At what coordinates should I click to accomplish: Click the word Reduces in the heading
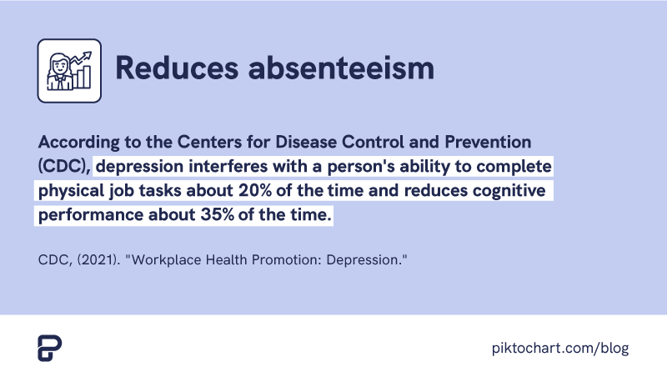[177, 68]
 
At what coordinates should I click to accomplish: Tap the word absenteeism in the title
[341, 68]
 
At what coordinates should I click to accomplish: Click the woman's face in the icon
[60, 66]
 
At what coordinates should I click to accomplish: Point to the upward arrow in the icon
[81, 58]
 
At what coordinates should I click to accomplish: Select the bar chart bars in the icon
[82, 78]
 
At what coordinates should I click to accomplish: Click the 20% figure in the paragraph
[255, 190]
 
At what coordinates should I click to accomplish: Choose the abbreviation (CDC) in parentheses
[65, 166]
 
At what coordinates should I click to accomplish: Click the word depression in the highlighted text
[139, 167]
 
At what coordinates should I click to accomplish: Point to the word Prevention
[488, 142]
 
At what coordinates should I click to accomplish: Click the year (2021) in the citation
[98, 259]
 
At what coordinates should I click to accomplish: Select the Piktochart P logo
[50, 348]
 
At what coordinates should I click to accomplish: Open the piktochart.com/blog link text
[560, 349]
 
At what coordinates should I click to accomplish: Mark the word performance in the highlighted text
[91, 215]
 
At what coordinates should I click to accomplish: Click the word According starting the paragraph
[78, 143]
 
